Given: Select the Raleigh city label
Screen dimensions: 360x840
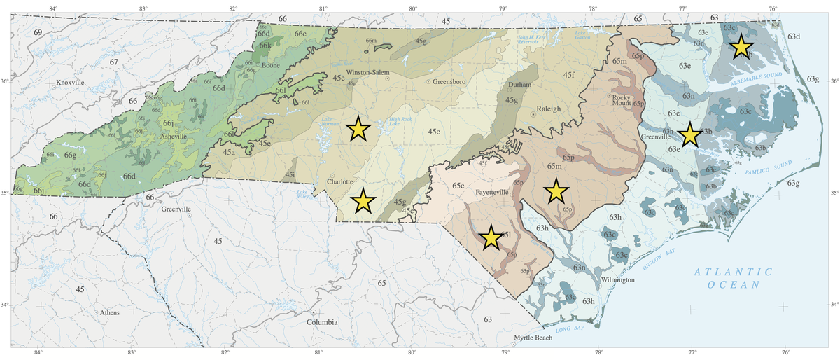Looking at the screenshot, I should tap(549, 109).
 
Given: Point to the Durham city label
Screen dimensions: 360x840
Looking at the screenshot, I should tap(520, 85).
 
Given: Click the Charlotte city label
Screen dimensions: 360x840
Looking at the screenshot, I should tap(339, 181).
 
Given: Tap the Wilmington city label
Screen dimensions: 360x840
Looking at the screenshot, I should tap(618, 279).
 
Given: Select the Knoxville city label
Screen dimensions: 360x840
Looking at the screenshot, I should tap(70, 82).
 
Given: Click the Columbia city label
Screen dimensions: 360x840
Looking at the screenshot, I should tap(321, 322).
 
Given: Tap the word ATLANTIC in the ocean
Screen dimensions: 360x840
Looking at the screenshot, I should tap(731, 272).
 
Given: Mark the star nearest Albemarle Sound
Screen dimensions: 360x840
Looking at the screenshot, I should tap(741, 48).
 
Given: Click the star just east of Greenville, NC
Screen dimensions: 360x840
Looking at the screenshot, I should tap(689, 134).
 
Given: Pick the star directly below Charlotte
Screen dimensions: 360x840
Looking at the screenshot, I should tap(363, 201).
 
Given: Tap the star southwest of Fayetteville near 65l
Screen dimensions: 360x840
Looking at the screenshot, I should tap(491, 238).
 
